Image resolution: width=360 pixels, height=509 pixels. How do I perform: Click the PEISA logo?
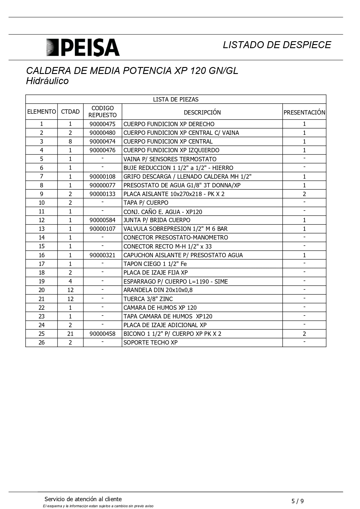[x=83, y=47]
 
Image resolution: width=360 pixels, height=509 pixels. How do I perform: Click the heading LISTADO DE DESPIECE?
[x=277, y=45]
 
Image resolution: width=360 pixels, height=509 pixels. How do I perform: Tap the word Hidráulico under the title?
[x=47, y=81]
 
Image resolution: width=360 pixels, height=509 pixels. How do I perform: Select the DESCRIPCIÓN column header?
[x=202, y=112]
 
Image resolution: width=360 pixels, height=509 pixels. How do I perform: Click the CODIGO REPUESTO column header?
[x=102, y=112]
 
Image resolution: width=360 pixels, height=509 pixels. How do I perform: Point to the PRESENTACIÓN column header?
[x=304, y=112]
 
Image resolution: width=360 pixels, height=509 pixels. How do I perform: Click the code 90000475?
[x=102, y=124]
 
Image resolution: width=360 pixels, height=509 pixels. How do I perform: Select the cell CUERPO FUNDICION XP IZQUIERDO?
[x=171, y=150]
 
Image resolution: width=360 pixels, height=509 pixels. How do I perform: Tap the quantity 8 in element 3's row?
[x=70, y=142]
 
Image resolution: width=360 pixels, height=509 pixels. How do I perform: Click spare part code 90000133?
[x=102, y=194]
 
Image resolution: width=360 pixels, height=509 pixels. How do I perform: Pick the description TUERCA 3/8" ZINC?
[x=148, y=299]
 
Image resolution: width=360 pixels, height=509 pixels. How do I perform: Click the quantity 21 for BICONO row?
[x=70, y=334]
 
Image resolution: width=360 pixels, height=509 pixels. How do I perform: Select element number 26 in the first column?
[x=41, y=343]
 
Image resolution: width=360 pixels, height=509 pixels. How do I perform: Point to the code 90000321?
[x=102, y=255]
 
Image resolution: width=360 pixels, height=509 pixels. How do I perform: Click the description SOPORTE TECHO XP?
[x=150, y=343]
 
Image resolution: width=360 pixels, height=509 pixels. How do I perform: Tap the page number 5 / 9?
[x=298, y=501]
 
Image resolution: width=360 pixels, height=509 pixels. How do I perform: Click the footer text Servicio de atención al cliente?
[x=83, y=499]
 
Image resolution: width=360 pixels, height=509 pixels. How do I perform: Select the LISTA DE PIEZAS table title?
[x=176, y=99]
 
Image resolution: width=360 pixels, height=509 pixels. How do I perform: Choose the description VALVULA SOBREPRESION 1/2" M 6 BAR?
[x=176, y=229]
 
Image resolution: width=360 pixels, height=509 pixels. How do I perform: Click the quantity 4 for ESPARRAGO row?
[x=70, y=281]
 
